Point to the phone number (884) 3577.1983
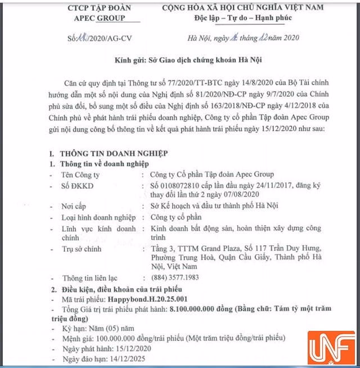pos(176,277)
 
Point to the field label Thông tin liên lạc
pos(92,277)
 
